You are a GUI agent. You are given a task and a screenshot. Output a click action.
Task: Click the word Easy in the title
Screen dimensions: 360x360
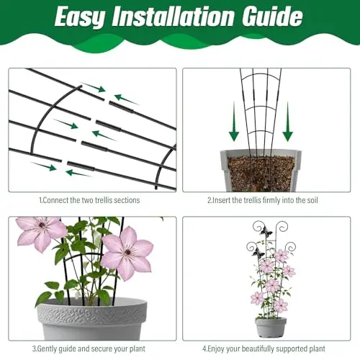80,17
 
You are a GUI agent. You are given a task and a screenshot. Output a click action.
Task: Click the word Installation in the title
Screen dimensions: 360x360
173,16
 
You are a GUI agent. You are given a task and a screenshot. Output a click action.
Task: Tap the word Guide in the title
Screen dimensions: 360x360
272,16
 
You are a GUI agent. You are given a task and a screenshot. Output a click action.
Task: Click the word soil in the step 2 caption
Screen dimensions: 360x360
312,200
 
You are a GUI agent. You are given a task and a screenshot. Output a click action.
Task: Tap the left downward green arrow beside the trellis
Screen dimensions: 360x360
234,122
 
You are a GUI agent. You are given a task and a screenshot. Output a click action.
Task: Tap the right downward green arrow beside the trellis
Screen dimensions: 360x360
287,122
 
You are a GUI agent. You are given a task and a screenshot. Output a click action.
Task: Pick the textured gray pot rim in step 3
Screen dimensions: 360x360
92,312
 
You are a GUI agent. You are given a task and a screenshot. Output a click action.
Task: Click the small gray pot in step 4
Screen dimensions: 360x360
271,327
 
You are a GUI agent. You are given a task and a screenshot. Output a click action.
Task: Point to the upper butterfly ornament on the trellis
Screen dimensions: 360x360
266,231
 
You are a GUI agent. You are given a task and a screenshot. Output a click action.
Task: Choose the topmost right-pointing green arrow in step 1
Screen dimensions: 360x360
93,87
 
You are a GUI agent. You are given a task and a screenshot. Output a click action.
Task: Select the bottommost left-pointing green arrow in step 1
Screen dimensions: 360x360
78,173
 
